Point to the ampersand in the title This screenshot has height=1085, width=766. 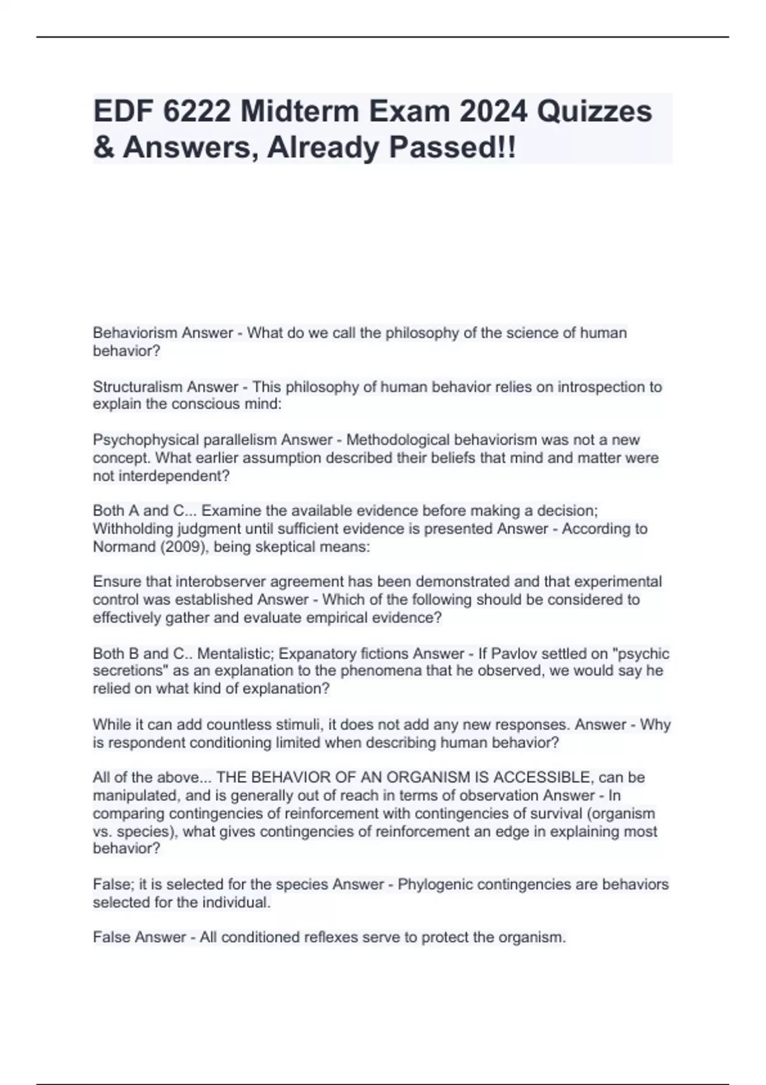[x=103, y=148]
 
